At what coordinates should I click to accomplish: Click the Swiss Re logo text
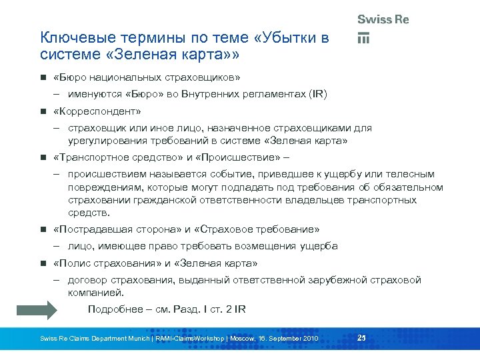pyautogui.click(x=383, y=19)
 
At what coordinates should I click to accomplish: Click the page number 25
pyautogui.click(x=362, y=338)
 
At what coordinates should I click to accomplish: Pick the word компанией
pyautogui.click(x=96, y=293)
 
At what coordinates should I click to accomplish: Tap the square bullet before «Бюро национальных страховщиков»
pyautogui.click(x=43, y=77)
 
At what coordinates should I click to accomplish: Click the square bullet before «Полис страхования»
pyautogui.click(x=43, y=263)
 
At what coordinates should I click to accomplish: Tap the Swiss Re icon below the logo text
pyautogui.click(x=363, y=38)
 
